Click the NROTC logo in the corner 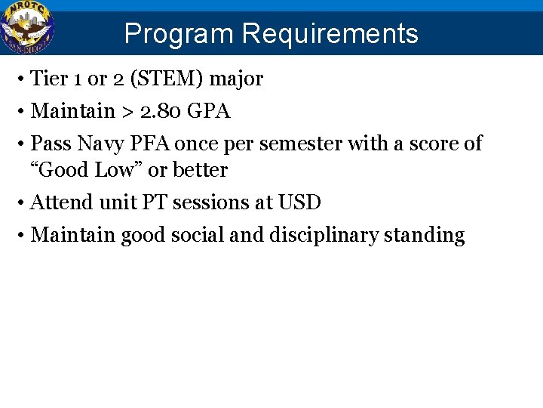click(x=27, y=28)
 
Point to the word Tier click(x=48, y=78)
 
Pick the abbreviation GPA click(x=208, y=111)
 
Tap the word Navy click(x=96, y=144)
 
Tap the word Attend click(x=63, y=202)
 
